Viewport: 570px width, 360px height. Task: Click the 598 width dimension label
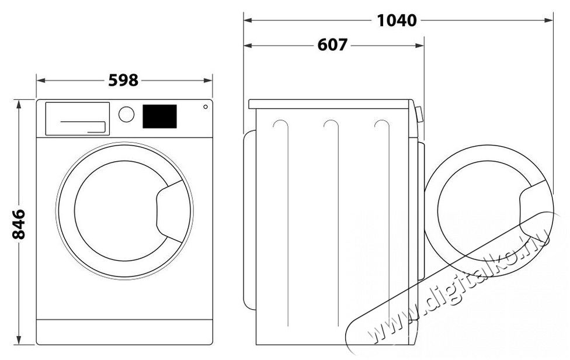pos(123,80)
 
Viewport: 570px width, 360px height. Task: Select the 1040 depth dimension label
pos(397,20)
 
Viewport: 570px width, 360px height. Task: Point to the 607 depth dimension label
pos(332,44)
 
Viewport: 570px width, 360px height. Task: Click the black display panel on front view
pos(159,116)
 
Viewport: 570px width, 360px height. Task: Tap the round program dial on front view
pos(126,114)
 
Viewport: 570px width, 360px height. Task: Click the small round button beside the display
pos(206,106)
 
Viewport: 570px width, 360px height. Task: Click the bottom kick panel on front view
pos(124,332)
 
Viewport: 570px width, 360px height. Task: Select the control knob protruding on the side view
pos(419,113)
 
